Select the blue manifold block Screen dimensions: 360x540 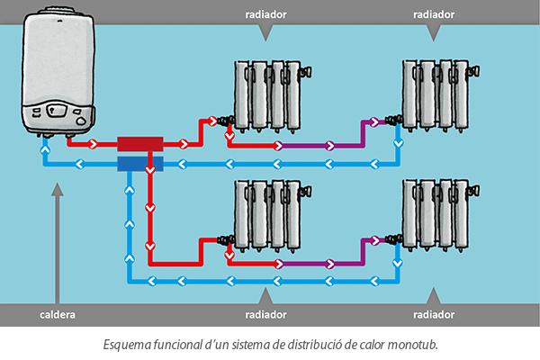(139, 164)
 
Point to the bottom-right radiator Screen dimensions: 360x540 (436, 217)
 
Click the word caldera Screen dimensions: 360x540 (58, 315)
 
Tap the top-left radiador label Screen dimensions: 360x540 (265, 14)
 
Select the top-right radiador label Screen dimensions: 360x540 (434, 14)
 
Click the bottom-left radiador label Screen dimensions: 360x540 (265, 315)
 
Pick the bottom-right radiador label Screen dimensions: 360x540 (434, 315)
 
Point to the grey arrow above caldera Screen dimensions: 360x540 (58, 243)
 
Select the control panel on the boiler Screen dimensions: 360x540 (58, 112)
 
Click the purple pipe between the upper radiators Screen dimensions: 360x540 (324, 145)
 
